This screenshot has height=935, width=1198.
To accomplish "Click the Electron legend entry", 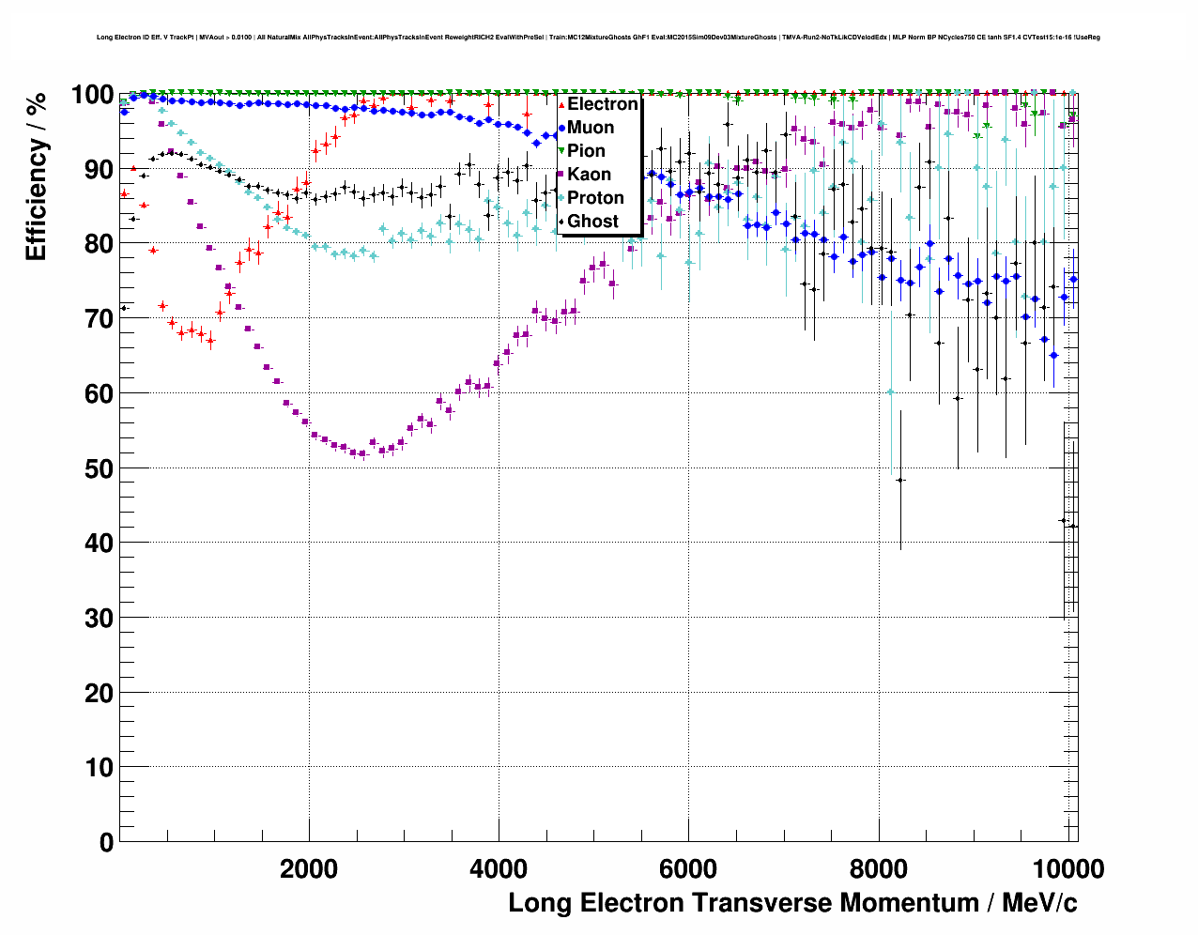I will pyautogui.click(x=601, y=104).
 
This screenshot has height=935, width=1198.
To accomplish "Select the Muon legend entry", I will pyautogui.click(x=590, y=128).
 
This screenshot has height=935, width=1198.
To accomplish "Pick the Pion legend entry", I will pyautogui.click(x=586, y=151).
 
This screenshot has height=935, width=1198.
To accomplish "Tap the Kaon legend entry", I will pyautogui.click(x=589, y=175).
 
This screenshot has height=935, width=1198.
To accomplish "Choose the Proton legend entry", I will pyautogui.click(x=594, y=198).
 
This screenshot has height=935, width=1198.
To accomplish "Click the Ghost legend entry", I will pyautogui.click(x=592, y=222).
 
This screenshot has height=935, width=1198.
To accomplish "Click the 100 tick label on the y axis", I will pyautogui.click(x=93, y=95).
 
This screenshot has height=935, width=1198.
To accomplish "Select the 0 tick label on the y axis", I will pyautogui.click(x=106, y=842).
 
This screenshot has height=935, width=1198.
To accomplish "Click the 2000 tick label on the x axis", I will pyautogui.click(x=309, y=868).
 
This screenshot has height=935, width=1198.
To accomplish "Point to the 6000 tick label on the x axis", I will pyautogui.click(x=688, y=868).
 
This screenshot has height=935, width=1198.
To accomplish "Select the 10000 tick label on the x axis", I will pyautogui.click(x=1066, y=868).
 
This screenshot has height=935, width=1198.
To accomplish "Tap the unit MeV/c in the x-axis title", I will pyautogui.click(x=1039, y=903).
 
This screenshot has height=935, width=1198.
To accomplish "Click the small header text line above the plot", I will pyautogui.click(x=598, y=38).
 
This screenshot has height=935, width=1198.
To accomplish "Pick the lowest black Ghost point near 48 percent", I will pyautogui.click(x=900, y=480).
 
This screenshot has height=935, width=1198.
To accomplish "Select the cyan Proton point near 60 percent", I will pyautogui.click(x=890, y=391).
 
